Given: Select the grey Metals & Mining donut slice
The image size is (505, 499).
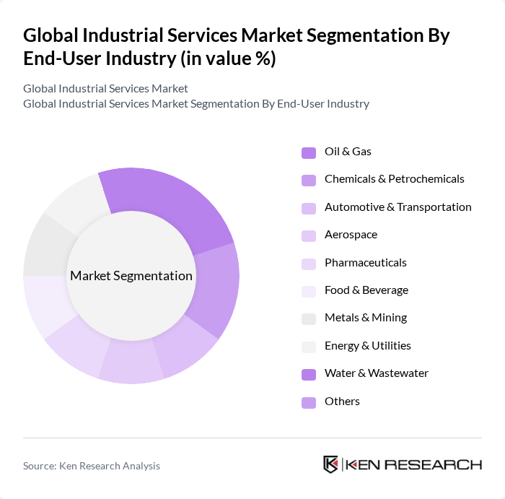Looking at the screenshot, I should [47, 249].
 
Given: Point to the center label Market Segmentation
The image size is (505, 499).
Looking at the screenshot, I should [131, 276].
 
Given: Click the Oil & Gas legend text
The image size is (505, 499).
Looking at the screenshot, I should [348, 152].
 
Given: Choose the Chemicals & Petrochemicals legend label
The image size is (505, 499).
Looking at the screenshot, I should [394, 179].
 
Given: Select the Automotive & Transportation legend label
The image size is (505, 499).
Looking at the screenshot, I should [398, 207].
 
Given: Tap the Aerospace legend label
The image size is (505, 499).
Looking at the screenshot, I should [351, 235].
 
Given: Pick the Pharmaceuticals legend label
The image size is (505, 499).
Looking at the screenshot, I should [365, 263].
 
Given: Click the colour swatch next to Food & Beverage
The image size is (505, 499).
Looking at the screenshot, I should [308, 291].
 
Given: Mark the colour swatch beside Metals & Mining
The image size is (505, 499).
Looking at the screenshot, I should [308, 318].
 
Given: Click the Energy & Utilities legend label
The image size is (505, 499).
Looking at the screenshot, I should [367, 346].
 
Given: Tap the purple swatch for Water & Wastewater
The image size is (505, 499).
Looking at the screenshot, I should [308, 374].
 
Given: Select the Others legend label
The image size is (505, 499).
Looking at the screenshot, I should [342, 402].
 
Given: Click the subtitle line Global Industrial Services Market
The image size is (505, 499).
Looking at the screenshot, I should [105, 88].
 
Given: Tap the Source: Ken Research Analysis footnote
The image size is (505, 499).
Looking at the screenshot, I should [92, 466].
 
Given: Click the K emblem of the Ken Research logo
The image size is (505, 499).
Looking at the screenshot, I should [331, 464].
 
